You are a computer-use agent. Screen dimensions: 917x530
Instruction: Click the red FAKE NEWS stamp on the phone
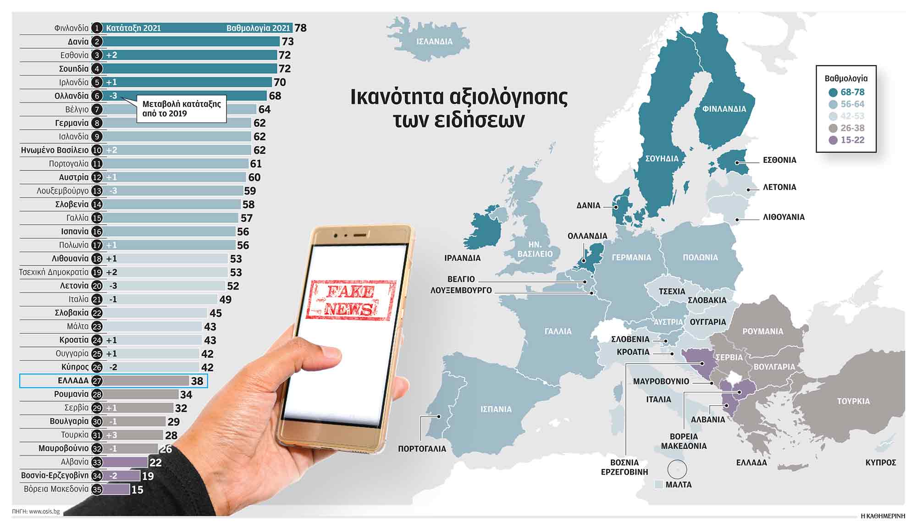coord(351,300)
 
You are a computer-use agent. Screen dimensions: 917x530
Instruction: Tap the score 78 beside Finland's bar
coord(300,28)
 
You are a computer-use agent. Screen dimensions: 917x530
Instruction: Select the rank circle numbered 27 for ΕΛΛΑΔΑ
coord(97,381)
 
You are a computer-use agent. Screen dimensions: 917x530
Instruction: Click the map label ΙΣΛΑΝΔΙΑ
coord(434,42)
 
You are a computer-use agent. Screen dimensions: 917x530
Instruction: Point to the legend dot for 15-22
coord(833,140)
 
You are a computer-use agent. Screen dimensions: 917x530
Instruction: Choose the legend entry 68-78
coord(852,92)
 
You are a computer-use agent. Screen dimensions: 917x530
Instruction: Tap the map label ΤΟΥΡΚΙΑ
coord(853,401)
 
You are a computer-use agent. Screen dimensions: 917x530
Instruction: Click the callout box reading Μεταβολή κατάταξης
coord(182,109)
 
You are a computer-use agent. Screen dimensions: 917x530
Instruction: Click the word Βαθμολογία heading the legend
coord(846,78)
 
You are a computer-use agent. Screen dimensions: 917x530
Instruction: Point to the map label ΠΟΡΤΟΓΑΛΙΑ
coord(422,449)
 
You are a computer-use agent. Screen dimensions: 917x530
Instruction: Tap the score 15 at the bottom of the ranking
coord(137,490)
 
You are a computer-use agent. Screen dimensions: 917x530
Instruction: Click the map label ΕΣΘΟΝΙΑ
coord(779,160)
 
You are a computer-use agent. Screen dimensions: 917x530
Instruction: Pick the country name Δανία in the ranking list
coord(78,42)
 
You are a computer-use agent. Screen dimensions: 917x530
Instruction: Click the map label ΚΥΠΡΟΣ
coord(880,463)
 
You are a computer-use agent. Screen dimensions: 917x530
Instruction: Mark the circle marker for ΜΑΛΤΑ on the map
coord(677,469)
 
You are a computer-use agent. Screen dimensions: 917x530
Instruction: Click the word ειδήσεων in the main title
coord(458,121)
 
